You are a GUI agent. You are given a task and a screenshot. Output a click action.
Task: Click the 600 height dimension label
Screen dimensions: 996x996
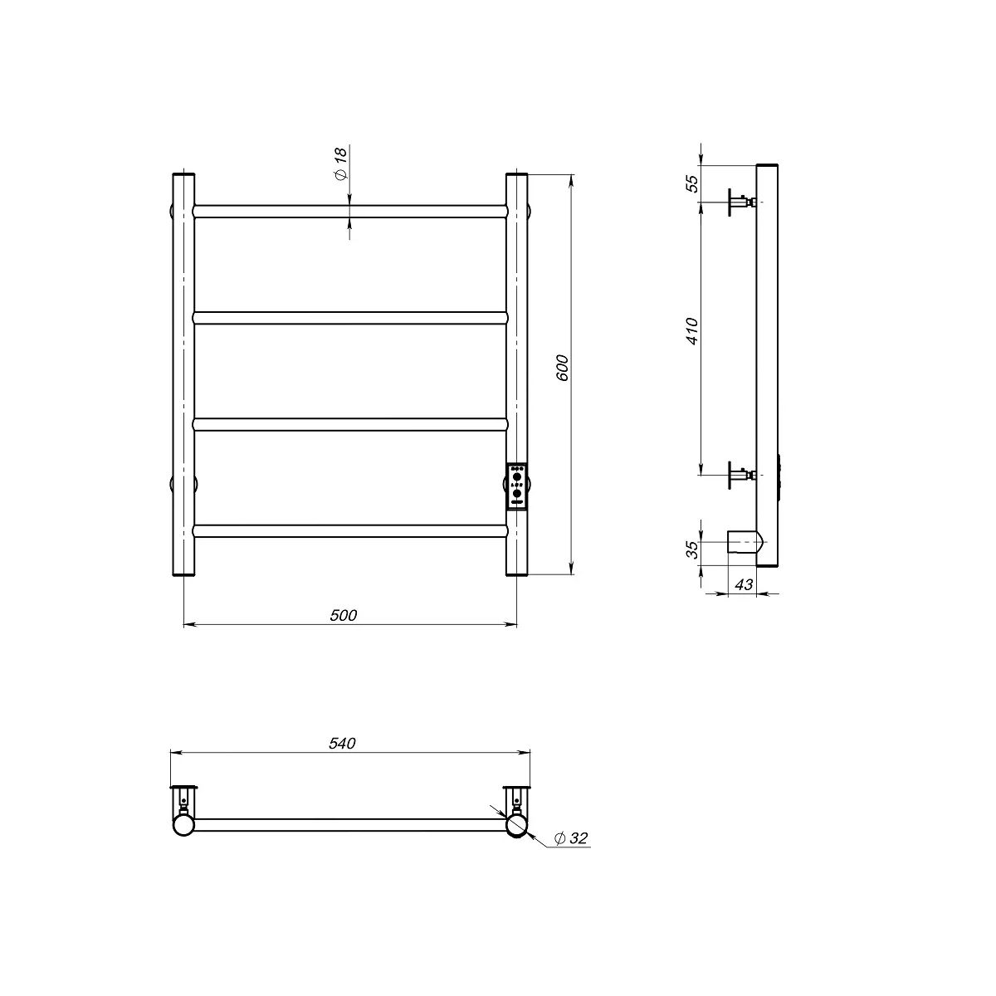click(563, 368)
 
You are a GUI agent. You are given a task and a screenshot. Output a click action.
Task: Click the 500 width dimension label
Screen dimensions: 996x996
click(343, 615)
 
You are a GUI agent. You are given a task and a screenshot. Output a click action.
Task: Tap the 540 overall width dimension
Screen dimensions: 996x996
click(342, 743)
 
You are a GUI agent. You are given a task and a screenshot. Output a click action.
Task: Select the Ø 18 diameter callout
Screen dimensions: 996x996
click(341, 164)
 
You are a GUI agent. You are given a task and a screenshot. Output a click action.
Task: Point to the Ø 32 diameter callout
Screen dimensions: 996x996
click(570, 852)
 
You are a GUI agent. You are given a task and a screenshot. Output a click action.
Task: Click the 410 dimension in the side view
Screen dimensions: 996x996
click(691, 331)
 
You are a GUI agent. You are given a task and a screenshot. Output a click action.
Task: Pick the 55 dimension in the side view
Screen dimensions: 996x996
click(691, 183)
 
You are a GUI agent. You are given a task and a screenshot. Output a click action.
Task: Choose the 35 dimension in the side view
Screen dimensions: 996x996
click(691, 549)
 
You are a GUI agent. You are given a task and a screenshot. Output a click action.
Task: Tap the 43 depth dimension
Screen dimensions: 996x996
click(743, 584)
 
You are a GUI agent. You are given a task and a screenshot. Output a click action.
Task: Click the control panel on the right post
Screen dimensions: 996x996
click(517, 486)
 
